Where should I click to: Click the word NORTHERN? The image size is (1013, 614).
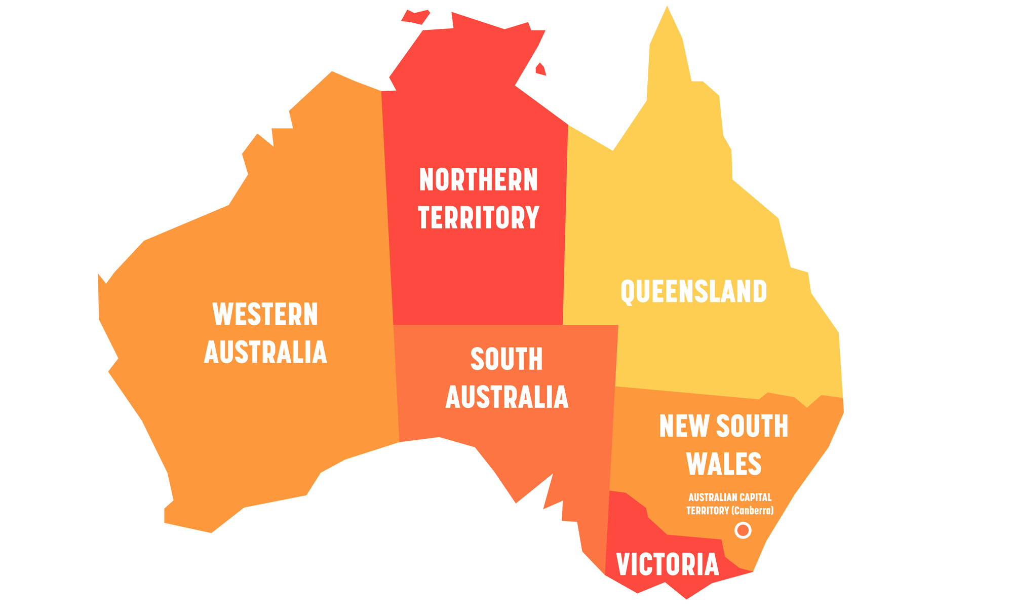tap(478, 180)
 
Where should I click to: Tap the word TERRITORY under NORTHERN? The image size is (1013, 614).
tap(478, 217)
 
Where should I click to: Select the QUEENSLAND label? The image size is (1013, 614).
tap(693, 291)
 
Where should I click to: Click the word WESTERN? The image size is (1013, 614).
tap(265, 314)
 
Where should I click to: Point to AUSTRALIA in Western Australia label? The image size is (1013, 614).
tap(265, 352)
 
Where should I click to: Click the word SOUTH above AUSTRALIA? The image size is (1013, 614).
tap(506, 359)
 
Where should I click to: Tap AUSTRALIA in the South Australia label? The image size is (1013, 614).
tap(506, 397)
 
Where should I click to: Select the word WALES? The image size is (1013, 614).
tap(724, 463)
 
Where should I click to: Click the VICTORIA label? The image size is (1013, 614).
tap(668, 564)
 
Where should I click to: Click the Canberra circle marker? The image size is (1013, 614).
tap(743, 530)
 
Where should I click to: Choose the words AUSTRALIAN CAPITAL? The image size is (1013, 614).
tap(730, 497)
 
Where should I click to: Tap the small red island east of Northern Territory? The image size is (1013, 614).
tap(541, 69)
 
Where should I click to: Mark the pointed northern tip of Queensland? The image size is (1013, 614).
tap(667, 9)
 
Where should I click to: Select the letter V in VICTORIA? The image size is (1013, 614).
tap(624, 564)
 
